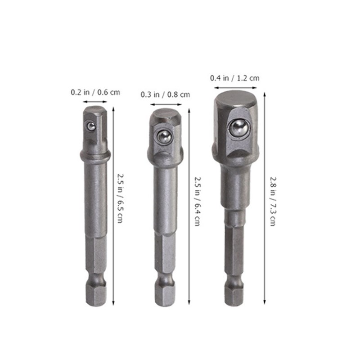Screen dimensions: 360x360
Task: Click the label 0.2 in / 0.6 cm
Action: (95, 93)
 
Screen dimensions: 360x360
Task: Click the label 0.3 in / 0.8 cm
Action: (165, 94)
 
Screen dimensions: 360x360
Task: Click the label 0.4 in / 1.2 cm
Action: (235, 78)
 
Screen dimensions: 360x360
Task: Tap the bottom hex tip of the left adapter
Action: (95, 295)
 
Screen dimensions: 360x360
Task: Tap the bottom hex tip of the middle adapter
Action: (165, 295)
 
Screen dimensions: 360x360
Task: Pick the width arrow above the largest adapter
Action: (235, 87)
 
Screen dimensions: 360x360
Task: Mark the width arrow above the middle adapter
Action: (165, 104)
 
